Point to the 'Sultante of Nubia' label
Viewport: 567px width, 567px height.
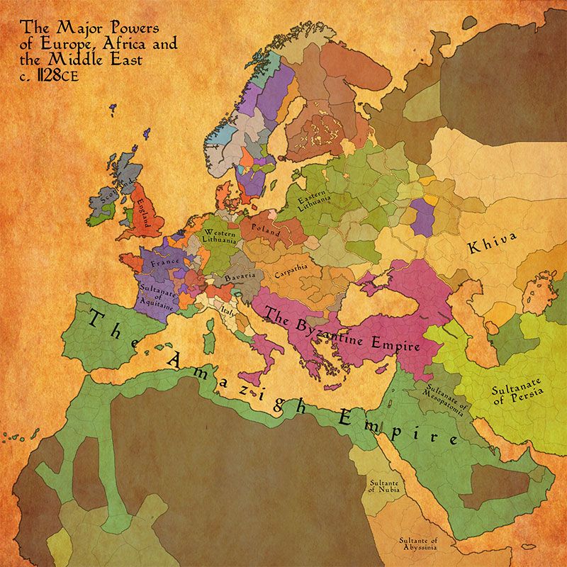383,486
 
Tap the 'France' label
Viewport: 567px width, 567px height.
164,263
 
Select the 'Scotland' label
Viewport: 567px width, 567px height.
113,195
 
